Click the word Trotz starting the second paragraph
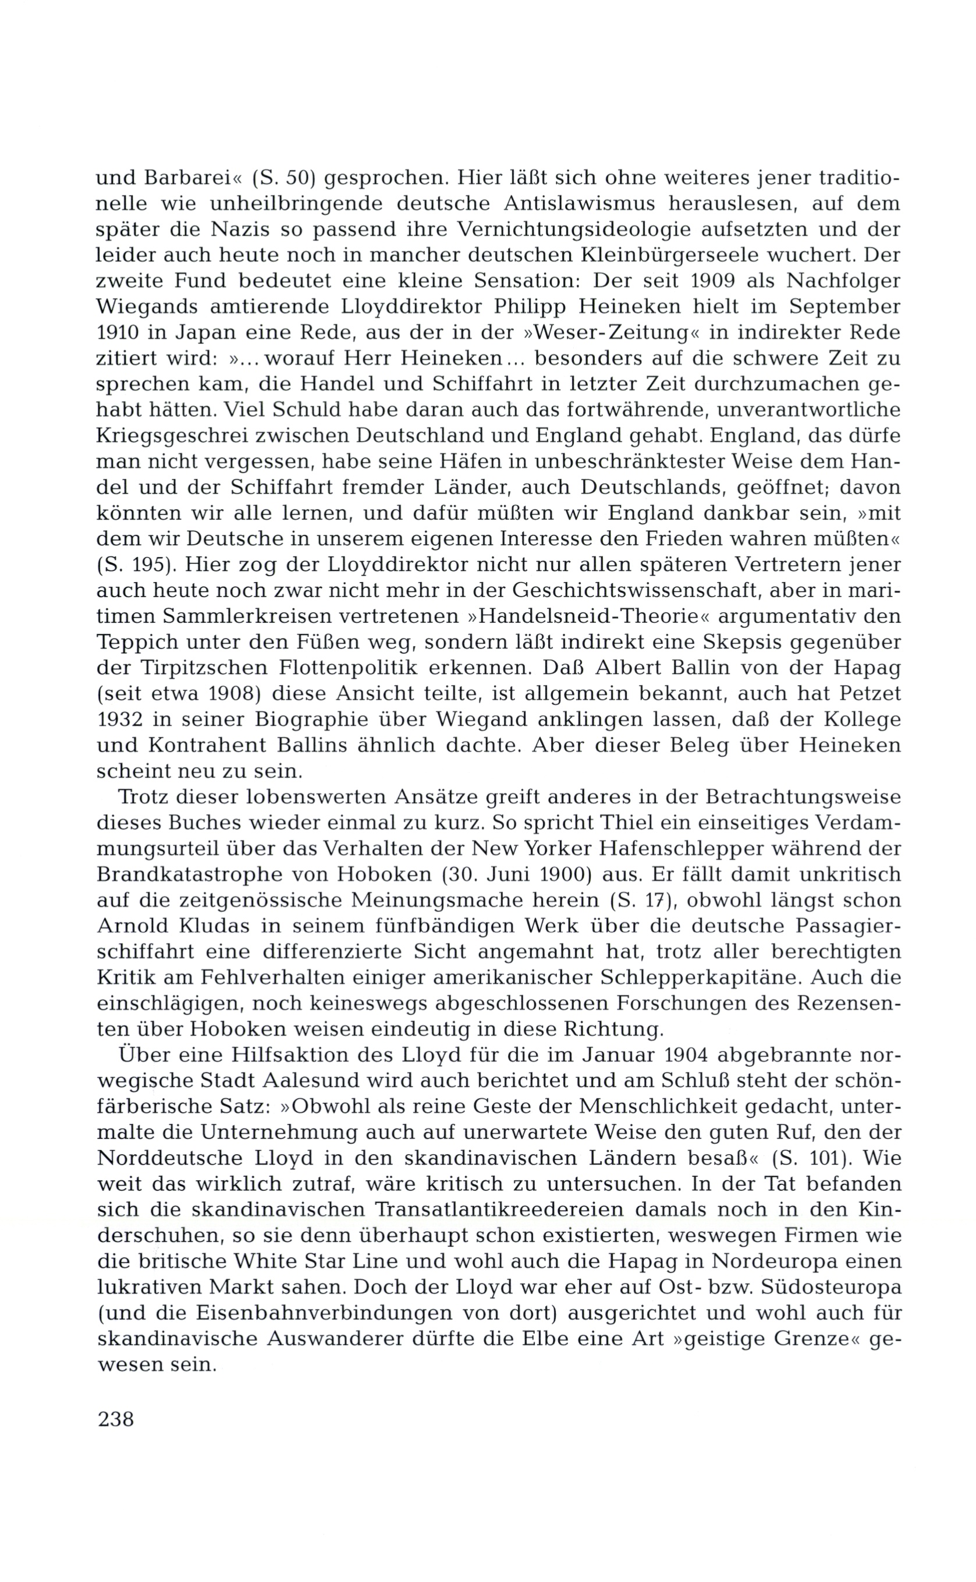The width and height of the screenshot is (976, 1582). point(143,797)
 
